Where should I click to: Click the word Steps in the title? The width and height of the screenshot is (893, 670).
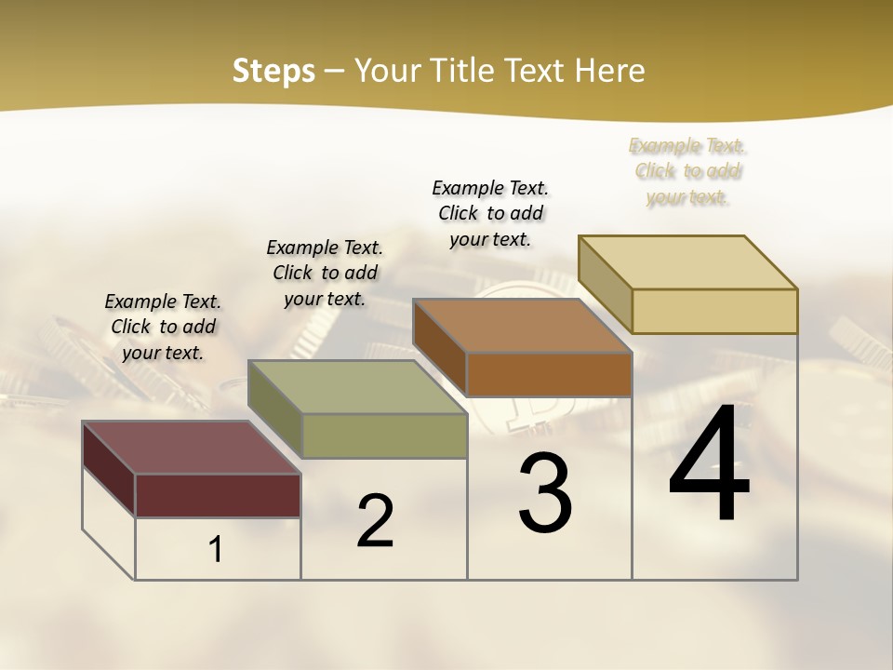(273, 71)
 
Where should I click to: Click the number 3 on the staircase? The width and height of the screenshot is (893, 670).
(544, 493)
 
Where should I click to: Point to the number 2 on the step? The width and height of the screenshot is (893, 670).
(375, 521)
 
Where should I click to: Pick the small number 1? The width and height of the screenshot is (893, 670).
(216, 550)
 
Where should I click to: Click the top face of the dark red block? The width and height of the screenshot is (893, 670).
(191, 448)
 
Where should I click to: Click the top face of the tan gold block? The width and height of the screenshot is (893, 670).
(687, 262)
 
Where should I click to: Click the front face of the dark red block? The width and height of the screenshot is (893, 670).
(218, 495)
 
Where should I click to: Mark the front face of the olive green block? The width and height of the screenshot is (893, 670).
(384, 435)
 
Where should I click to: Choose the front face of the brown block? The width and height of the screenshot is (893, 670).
(549, 374)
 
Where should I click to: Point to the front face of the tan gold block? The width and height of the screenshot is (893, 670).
(714, 311)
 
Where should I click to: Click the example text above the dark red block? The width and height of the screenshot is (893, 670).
(163, 327)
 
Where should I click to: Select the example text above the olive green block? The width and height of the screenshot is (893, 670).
(325, 273)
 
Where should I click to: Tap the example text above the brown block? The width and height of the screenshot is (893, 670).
(490, 213)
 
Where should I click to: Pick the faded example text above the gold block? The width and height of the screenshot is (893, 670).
(687, 171)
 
